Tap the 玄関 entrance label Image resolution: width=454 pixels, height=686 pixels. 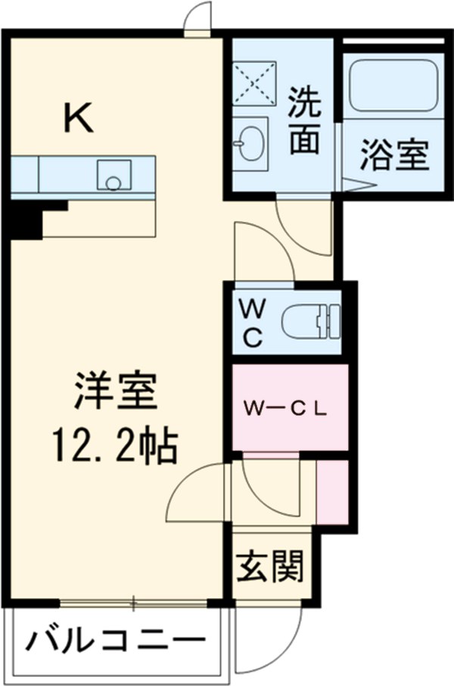272,564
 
